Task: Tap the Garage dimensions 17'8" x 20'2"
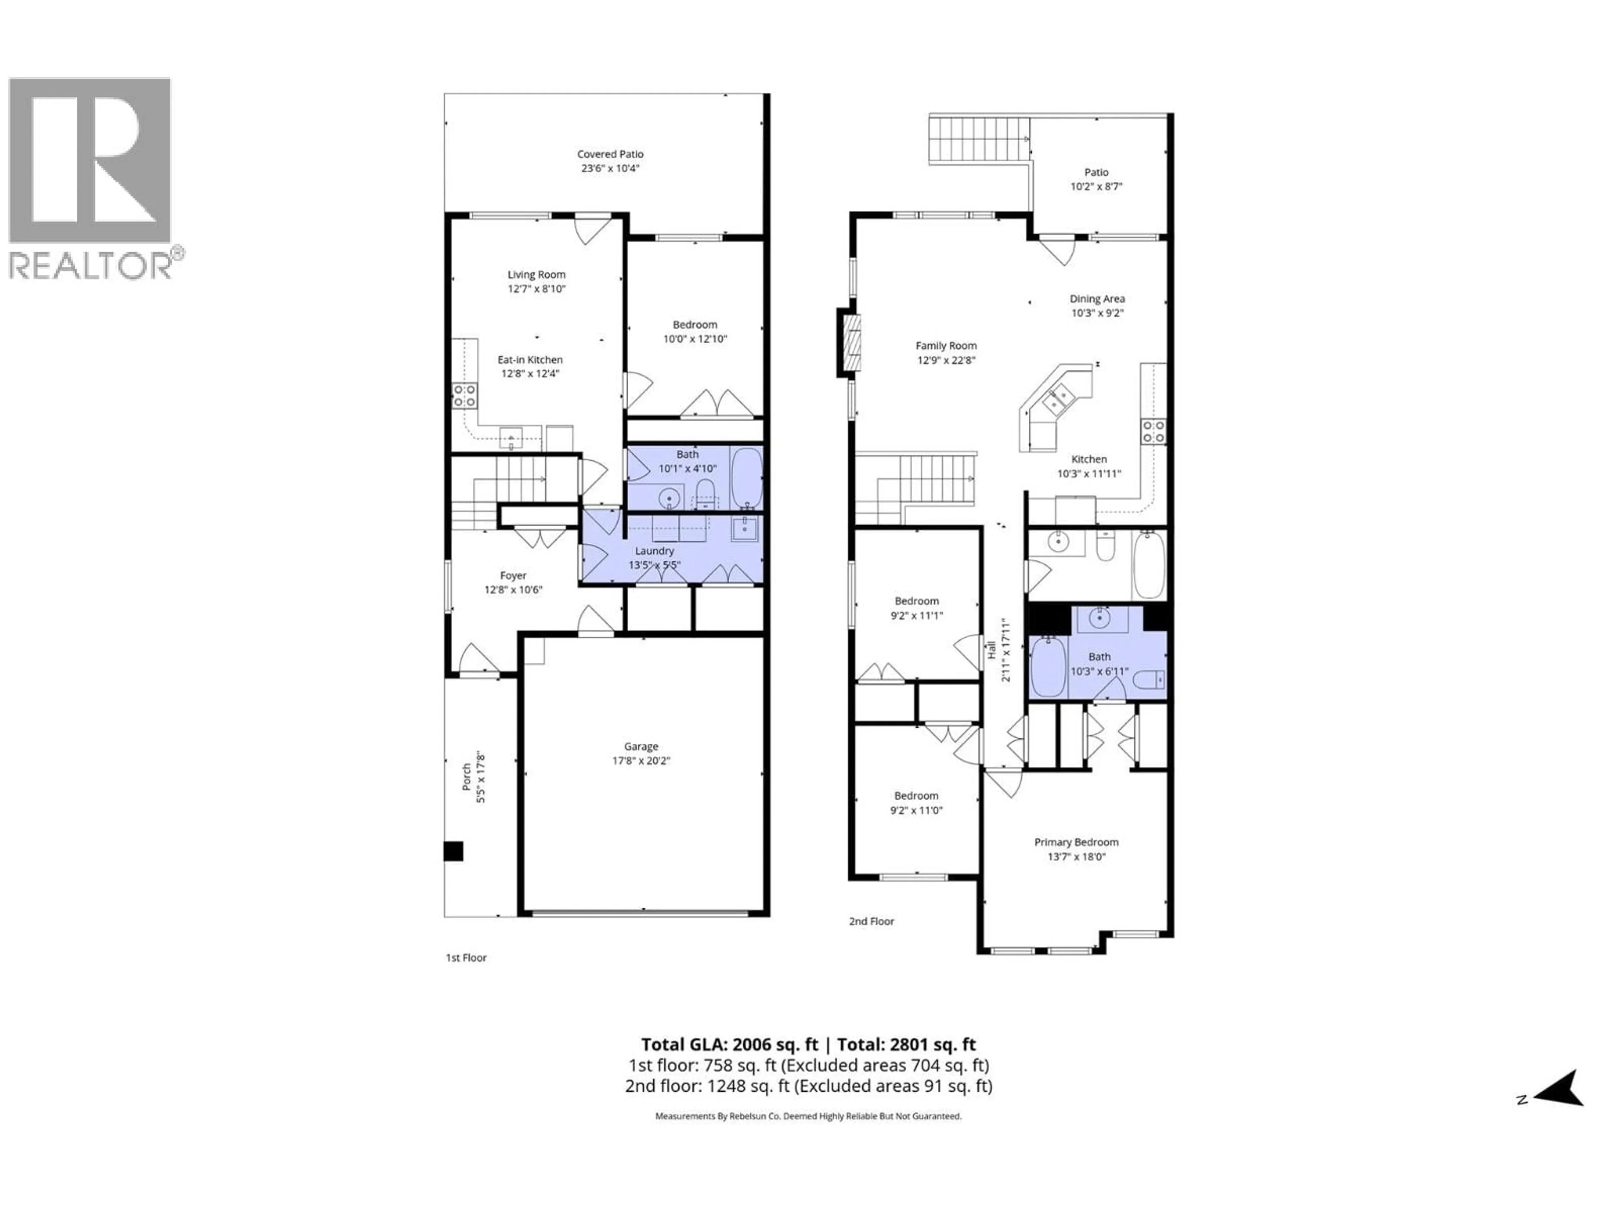pyautogui.click(x=640, y=760)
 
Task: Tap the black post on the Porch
pyautogui.click(x=453, y=851)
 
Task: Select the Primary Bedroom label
pyautogui.click(x=1075, y=842)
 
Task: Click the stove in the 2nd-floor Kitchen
pyautogui.click(x=1153, y=431)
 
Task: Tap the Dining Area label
pyautogui.click(x=1097, y=298)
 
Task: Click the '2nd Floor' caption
pyautogui.click(x=871, y=921)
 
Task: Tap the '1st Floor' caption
pyautogui.click(x=466, y=958)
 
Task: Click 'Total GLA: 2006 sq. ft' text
pyautogui.click(x=729, y=1044)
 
